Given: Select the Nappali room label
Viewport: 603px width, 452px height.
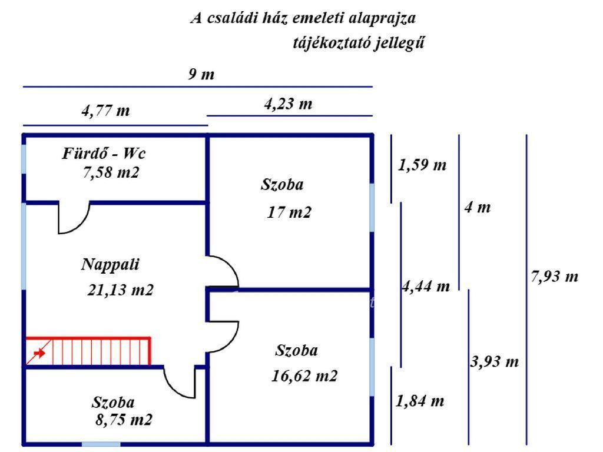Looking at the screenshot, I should (x=110, y=264).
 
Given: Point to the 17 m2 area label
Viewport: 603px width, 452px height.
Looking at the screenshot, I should (x=289, y=212).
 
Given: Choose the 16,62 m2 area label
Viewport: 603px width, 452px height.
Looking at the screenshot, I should (x=305, y=375).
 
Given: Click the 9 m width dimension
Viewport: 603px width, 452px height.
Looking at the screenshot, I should (x=201, y=75).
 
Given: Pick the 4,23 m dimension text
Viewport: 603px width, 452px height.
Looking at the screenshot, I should (x=288, y=104).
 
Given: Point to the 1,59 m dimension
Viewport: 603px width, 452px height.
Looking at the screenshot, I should (x=422, y=165).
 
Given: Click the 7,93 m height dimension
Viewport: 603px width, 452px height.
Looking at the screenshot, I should (x=555, y=276).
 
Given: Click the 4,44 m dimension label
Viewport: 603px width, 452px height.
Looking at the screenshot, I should (x=426, y=287).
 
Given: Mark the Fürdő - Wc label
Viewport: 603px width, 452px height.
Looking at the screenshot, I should (x=104, y=154).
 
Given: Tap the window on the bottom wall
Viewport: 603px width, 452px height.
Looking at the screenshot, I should (x=101, y=444).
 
